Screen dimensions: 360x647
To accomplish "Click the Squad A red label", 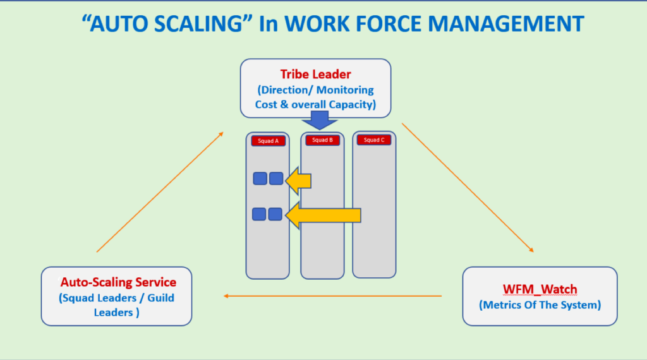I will pyautogui.click(x=269, y=141).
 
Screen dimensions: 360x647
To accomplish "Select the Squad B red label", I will pyautogui.click(x=322, y=140).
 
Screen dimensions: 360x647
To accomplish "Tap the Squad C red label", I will pyautogui.click(x=374, y=140).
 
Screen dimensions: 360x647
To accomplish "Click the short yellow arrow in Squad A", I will pyautogui.click(x=298, y=181).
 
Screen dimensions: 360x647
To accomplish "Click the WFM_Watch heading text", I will pyautogui.click(x=540, y=289).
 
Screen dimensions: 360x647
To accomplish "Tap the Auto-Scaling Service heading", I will pyautogui.click(x=118, y=282).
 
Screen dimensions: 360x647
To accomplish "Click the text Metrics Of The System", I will pyautogui.click(x=540, y=304).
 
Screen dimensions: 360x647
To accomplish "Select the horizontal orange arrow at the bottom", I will pyautogui.click(x=333, y=296).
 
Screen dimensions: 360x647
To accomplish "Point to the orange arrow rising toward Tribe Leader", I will pyautogui.click(x=159, y=192).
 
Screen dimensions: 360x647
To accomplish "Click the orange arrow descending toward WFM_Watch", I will pyautogui.click(x=468, y=188).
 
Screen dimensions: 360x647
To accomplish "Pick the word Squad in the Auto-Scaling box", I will pyautogui.click(x=79, y=297).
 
